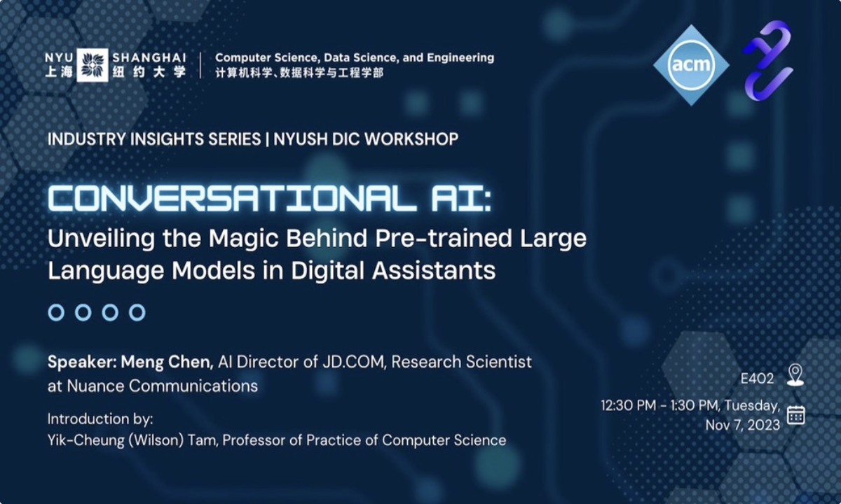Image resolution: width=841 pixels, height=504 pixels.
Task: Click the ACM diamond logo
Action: pyautogui.click(x=691, y=65)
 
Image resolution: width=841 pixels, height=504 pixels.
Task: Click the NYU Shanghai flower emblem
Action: pyautogui.click(x=93, y=65)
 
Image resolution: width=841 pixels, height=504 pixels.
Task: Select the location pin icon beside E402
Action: pyautogui.click(x=795, y=374)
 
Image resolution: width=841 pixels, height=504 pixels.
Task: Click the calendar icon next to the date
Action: pyautogui.click(x=795, y=415)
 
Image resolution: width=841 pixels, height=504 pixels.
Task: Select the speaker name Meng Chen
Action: pyautogui.click(x=166, y=362)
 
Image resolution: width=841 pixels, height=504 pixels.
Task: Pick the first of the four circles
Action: pyautogui.click(x=56, y=312)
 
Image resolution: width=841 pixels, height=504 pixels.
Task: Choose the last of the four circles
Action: pyautogui.click(x=137, y=312)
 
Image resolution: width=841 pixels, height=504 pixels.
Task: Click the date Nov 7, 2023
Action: pyautogui.click(x=742, y=425)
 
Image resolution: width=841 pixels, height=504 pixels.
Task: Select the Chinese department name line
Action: pyautogui.click(x=299, y=73)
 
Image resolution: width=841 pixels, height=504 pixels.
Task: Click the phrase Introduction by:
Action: pyautogui.click(x=100, y=419)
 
